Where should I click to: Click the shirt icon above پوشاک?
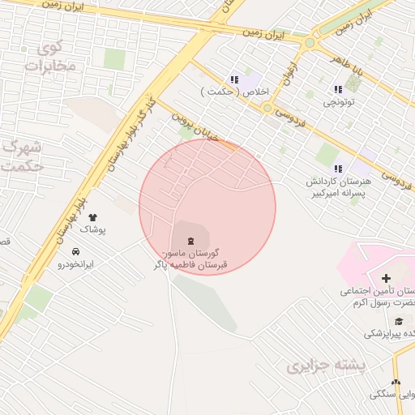pyautogui.click(x=92, y=217)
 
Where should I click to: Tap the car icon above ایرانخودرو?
pyautogui.click(x=75, y=252)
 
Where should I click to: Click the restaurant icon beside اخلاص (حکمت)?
pyautogui.click(x=234, y=80)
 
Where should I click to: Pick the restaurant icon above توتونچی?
pyautogui.click(x=337, y=89)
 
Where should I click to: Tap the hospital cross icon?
pyautogui.click(x=386, y=279)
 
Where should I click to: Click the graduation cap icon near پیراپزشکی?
pyautogui.click(x=397, y=321)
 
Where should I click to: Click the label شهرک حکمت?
pyautogui.click(x=22, y=156)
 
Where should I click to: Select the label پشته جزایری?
pyautogui.click(x=326, y=366)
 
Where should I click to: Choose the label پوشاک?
pyautogui.click(x=92, y=230)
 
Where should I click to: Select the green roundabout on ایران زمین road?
pyautogui.click(x=310, y=42)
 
